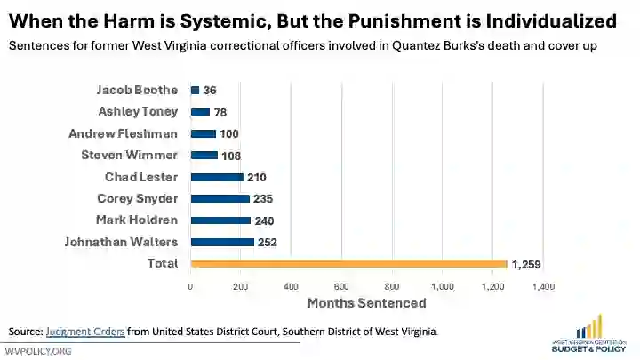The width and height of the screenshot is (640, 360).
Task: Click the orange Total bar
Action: coord(348,263)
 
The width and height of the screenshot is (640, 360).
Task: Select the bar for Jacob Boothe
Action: coord(195,90)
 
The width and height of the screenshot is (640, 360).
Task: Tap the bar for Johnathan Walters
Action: coord(222,242)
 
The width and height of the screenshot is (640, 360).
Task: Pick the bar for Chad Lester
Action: coord(217,177)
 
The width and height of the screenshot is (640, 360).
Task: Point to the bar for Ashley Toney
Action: coord(200,112)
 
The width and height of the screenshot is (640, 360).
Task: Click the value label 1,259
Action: coord(526,264)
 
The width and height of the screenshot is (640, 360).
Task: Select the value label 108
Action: coord(231,156)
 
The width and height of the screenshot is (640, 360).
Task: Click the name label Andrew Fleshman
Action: coord(123,133)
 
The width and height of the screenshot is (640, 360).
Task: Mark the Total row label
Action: coord(163,263)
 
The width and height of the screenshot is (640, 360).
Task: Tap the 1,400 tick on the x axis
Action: coord(543,286)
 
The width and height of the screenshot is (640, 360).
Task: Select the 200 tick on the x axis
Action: coord(241,286)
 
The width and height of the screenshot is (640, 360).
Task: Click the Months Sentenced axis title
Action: coord(366,303)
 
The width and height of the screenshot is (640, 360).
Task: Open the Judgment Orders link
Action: coord(85,332)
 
